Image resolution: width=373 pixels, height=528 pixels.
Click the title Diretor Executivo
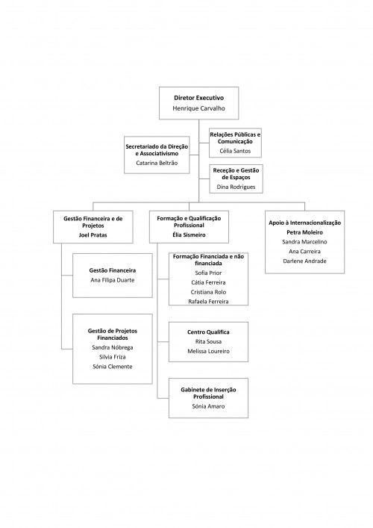[198, 98]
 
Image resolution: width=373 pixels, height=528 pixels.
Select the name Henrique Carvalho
[198, 108]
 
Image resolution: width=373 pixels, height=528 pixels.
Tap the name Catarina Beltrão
[157, 163]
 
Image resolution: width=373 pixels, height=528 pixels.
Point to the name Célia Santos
[235, 151]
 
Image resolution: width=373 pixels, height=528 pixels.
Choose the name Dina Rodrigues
[236, 187]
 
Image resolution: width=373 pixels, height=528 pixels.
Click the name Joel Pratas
[93, 235]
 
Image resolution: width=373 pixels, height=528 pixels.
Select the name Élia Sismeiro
[189, 235]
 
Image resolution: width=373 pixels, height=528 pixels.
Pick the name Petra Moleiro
[304, 232]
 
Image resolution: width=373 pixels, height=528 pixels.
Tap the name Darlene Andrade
[304, 261]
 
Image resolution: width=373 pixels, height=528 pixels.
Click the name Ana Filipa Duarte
[113, 280]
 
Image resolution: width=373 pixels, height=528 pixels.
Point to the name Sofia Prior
[209, 273]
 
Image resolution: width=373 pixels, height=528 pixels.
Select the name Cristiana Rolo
[209, 292]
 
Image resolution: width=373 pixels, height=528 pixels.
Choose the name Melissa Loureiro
[209, 351]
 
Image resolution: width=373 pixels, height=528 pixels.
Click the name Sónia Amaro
[209, 406]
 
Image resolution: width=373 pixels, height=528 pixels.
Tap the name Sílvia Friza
[113, 357]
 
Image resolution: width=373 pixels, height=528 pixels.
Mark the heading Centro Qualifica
[209, 332]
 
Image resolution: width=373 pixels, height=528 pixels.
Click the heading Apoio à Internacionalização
[304, 223]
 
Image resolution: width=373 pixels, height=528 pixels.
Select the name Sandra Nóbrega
[113, 347]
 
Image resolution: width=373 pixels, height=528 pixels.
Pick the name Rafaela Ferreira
[209, 302]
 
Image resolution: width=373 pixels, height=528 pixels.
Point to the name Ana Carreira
[304, 252]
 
